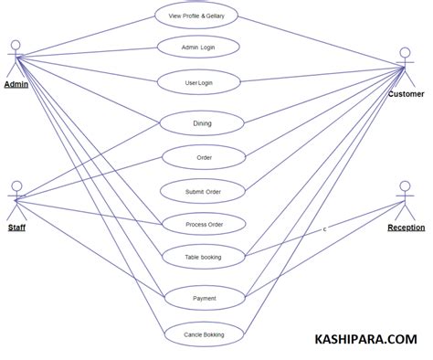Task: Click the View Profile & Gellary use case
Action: (x=203, y=16)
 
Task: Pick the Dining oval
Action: (x=202, y=122)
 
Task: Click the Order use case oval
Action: (x=204, y=157)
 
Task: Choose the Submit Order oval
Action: (x=204, y=191)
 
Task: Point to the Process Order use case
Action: (x=204, y=224)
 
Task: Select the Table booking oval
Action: (x=204, y=257)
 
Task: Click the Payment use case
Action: (x=205, y=298)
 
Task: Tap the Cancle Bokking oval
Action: (x=205, y=334)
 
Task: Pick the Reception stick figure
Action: (x=406, y=199)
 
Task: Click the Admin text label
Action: (x=16, y=85)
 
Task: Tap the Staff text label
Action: (x=16, y=227)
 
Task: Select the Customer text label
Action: (x=406, y=94)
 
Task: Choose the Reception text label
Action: (x=406, y=227)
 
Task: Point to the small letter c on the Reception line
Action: (x=324, y=228)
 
